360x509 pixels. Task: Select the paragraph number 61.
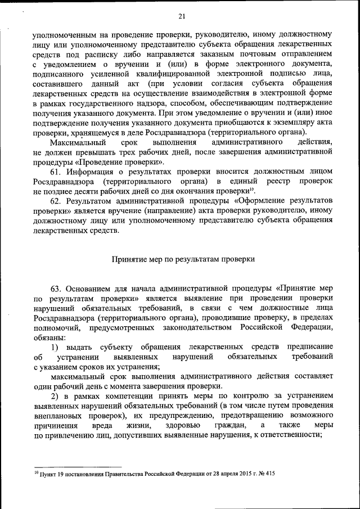pyautogui.click(x=56, y=170)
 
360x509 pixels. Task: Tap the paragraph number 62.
pyautogui.click(x=56, y=201)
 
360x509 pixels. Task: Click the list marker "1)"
pyautogui.click(x=56, y=347)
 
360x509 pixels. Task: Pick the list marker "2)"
pyautogui.click(x=56, y=395)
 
